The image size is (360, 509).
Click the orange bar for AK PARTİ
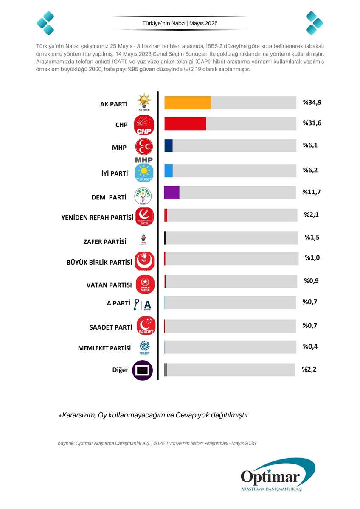click(187, 103)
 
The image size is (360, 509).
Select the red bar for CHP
click(185, 124)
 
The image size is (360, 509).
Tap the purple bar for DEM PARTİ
click(172, 192)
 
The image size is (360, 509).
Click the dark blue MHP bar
click(169, 145)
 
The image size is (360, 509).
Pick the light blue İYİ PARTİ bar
click(169, 171)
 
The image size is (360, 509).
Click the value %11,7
click(311, 192)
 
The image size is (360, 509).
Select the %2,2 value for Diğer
click(309, 369)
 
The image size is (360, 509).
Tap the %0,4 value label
click(310, 347)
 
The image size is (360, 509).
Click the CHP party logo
click(144, 125)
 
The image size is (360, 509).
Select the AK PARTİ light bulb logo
click(144, 102)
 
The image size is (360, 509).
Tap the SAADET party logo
click(146, 326)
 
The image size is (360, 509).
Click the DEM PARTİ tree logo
click(143, 196)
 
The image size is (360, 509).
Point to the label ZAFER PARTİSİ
click(105, 242)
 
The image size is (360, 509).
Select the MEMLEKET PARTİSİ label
click(104, 348)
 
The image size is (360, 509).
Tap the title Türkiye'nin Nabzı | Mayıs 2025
click(180, 23)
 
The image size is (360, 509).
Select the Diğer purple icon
click(143, 370)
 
